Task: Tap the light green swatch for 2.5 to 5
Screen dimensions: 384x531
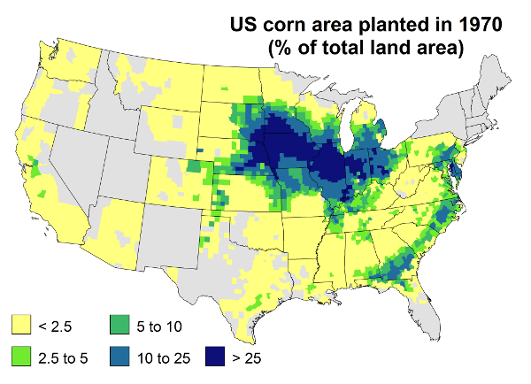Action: (x=19, y=357)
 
